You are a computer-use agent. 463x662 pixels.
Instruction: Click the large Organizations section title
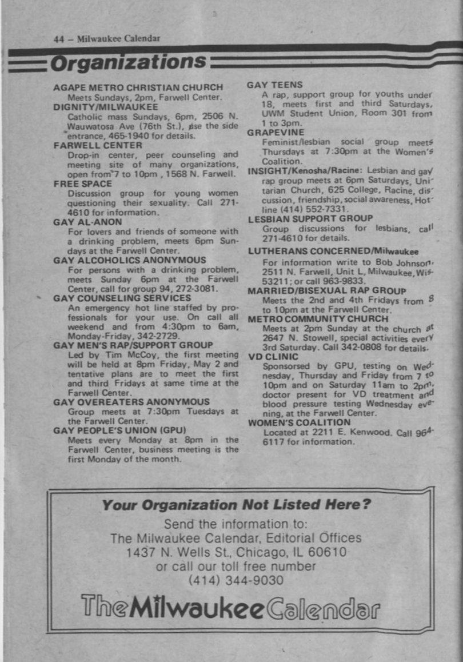[x=127, y=62]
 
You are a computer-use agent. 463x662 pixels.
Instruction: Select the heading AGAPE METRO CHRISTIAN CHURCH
[x=138, y=87]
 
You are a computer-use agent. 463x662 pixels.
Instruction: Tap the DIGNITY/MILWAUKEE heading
[x=106, y=106]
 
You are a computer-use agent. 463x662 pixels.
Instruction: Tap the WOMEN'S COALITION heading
[x=299, y=422]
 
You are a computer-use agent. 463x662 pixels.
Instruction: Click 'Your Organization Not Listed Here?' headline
[x=237, y=505]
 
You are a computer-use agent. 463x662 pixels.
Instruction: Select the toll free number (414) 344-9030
[x=236, y=581]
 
